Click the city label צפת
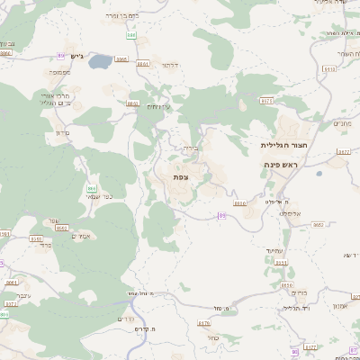[x=181, y=177]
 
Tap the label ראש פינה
[x=282, y=165]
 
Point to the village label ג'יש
[x=76, y=57]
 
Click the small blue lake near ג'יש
[x=100, y=61]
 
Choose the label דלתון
[x=169, y=65]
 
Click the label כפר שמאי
[x=99, y=197]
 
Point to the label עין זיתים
[x=157, y=107]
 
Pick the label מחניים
[x=341, y=123]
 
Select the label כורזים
[x=299, y=292]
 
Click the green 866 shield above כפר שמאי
[x=91, y=188]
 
